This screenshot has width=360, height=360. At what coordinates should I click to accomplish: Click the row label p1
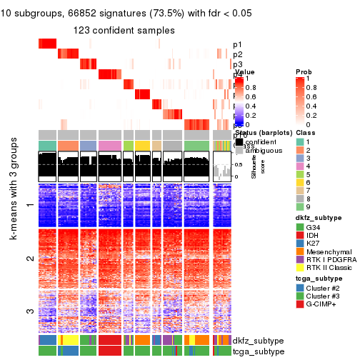pos(237,44)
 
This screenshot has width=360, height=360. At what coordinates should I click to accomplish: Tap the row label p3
pos(237,64)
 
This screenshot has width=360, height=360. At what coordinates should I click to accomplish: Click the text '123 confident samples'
pos(124,31)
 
